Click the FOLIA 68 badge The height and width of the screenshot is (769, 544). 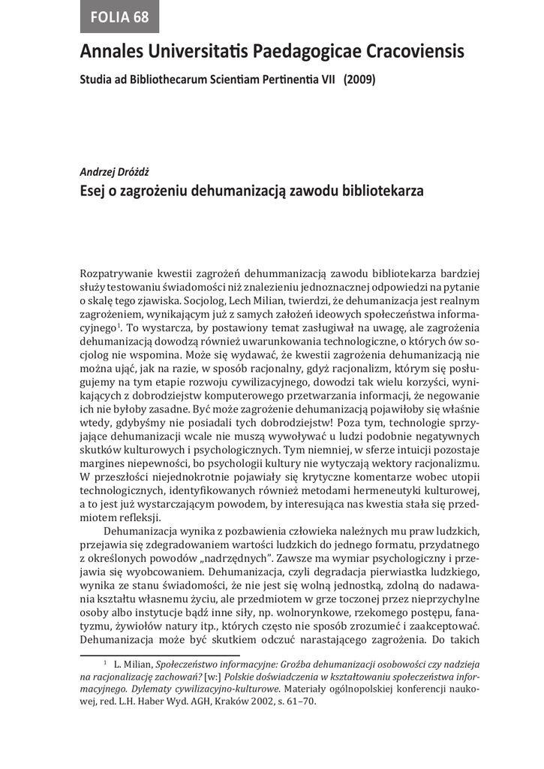tap(120, 17)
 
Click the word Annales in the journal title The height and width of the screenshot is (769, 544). tap(111, 53)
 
